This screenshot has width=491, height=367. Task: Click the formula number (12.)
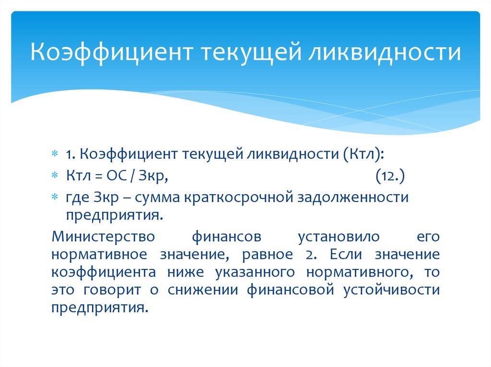[x=390, y=176]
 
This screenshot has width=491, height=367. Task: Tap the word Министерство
[x=103, y=237]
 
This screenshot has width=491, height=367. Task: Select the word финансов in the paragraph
[x=227, y=237]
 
